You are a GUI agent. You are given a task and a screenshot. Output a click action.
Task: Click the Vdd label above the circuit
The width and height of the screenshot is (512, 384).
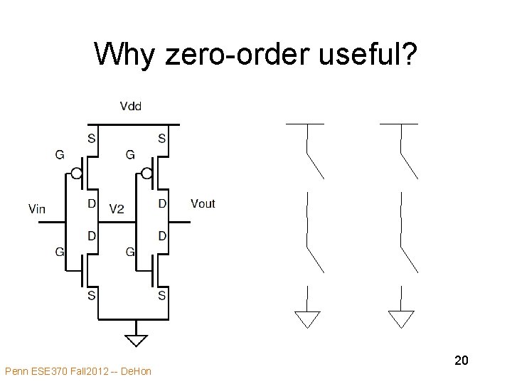pyautogui.click(x=130, y=107)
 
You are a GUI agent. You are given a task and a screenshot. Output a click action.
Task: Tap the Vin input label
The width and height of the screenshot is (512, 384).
pyautogui.click(x=38, y=208)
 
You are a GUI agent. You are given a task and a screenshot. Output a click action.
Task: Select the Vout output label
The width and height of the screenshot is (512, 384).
pyautogui.click(x=203, y=204)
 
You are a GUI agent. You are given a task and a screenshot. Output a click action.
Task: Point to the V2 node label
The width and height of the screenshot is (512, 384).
pyautogui.click(x=117, y=208)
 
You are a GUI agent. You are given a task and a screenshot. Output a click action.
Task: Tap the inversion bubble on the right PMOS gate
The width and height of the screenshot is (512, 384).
pyautogui.click(x=146, y=173)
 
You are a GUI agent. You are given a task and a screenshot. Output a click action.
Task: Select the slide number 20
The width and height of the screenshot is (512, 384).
pyautogui.click(x=461, y=361)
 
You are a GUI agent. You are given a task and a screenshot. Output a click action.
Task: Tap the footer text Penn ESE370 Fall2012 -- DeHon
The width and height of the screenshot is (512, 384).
pyautogui.click(x=78, y=371)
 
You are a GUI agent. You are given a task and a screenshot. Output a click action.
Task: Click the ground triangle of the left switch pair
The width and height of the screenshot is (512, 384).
pyautogui.click(x=307, y=319)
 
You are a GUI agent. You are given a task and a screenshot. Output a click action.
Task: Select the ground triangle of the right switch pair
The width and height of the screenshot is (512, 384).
pyautogui.click(x=401, y=319)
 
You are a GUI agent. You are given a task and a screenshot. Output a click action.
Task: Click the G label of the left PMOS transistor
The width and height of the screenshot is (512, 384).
pyautogui.click(x=59, y=154)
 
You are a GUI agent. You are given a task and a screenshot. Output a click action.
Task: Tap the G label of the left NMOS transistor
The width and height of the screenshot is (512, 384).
pyautogui.click(x=59, y=252)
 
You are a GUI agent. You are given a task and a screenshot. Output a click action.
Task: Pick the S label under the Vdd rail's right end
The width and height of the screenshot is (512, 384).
pyautogui.click(x=162, y=139)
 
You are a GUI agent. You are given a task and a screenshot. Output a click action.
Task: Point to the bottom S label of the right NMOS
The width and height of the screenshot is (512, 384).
pyautogui.click(x=162, y=295)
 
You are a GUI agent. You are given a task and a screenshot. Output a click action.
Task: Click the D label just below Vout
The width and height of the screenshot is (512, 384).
pyautogui.click(x=162, y=235)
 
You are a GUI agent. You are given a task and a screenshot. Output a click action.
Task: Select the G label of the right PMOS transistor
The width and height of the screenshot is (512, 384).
pyautogui.click(x=129, y=154)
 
